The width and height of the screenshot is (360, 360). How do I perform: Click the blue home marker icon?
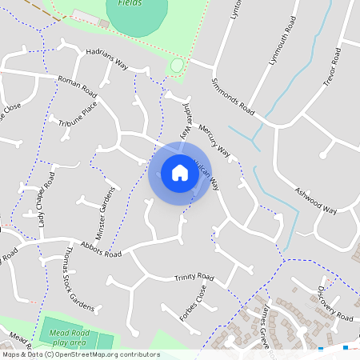tap(180, 173)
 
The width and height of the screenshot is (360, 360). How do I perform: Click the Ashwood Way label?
tap(315, 198)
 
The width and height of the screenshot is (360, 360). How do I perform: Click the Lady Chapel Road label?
tap(44, 202)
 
